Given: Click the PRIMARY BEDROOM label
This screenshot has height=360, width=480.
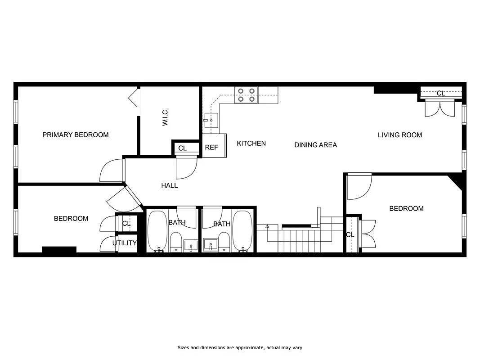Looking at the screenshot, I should [x=75, y=135].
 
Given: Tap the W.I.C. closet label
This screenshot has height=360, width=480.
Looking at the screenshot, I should [x=165, y=117].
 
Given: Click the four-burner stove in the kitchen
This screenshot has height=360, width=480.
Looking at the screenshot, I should [x=246, y=95].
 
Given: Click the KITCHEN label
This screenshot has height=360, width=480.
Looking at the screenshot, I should [x=251, y=144].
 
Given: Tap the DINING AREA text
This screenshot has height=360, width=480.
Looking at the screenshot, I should [x=315, y=145].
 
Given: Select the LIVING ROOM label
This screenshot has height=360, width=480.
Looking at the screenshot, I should [x=399, y=135].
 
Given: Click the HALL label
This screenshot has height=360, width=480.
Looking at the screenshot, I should [x=169, y=185].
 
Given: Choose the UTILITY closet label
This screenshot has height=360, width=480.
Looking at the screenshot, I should [x=125, y=243].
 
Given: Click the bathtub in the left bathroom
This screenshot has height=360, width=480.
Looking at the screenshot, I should [x=157, y=232].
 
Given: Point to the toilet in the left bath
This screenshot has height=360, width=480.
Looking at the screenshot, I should [x=176, y=242].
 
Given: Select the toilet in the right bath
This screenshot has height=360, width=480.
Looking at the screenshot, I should [x=224, y=242].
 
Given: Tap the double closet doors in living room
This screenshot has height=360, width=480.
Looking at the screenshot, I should [x=440, y=109].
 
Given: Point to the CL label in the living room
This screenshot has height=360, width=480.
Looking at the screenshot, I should [x=441, y=93].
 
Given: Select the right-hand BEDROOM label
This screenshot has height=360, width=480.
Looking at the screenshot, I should [x=406, y=208].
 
